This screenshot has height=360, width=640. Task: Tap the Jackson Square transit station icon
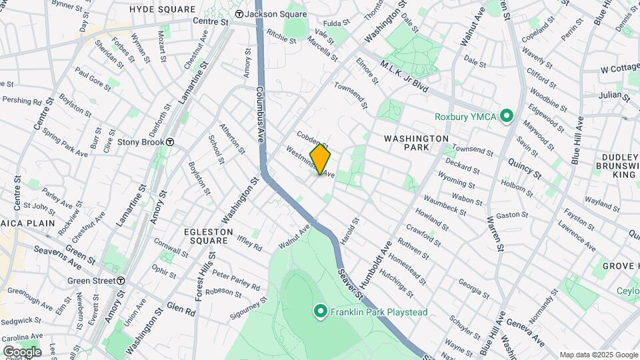pos(238,14)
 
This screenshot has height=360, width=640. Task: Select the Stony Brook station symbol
pos(170,142)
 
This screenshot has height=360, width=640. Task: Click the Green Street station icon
pos(120,281)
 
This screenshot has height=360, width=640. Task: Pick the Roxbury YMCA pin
pos(506,117)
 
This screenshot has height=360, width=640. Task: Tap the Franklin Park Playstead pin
pos(320,311)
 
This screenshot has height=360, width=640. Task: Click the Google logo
pos(22,351)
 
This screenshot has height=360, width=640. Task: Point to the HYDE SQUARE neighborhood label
pos(163,9)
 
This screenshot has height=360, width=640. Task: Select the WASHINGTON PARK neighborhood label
pos(417,143)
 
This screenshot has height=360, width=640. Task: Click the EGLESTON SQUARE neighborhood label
pos(209,236)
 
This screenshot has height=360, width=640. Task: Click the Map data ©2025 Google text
pos(598,355)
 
